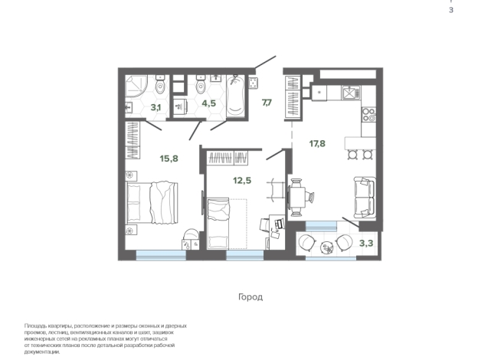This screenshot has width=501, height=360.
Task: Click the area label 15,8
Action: (x=169, y=159)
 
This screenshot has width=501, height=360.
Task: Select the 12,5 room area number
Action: (x=242, y=180)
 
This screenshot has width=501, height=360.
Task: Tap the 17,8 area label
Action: (x=318, y=142)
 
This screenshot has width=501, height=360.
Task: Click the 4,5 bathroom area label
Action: (x=208, y=103)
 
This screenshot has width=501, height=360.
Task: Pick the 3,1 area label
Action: (x=156, y=108)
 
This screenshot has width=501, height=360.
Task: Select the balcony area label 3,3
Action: (x=367, y=244)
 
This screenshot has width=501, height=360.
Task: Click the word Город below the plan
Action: (x=250, y=296)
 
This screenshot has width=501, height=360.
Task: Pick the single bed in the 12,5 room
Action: (x=218, y=221)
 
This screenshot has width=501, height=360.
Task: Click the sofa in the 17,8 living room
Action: (x=363, y=196)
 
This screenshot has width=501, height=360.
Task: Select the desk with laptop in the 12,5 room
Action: (x=270, y=226)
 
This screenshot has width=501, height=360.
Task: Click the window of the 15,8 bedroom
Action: (x=160, y=254)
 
